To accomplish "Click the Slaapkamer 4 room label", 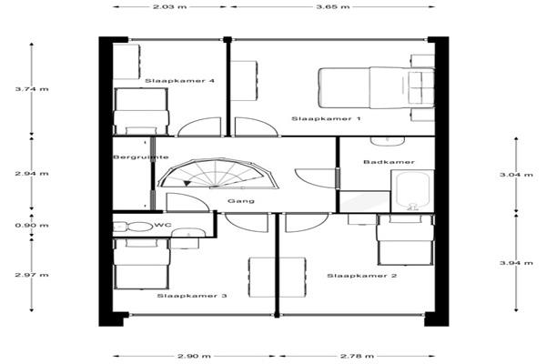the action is [179, 81].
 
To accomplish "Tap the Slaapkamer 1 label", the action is [326, 119].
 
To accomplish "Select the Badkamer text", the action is [389, 162].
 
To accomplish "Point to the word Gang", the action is [241, 201].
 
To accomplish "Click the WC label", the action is [163, 226].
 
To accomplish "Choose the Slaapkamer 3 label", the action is [192, 296].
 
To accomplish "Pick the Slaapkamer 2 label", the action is [362, 276].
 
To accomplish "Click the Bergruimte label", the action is [141, 157].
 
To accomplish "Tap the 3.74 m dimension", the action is [32, 89].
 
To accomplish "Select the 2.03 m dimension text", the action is [169, 6].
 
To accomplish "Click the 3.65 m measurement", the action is [332, 6].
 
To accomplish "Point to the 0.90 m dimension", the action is [32, 226].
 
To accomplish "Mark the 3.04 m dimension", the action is [516, 175].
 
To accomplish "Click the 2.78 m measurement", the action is [357, 356].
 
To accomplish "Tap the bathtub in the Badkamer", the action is [412, 191].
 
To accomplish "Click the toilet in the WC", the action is [134, 227].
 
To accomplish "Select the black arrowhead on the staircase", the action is [187, 183].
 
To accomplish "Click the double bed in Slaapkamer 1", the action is [377, 87].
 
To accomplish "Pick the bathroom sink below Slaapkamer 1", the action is [388, 141].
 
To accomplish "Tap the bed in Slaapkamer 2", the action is [405, 239].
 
